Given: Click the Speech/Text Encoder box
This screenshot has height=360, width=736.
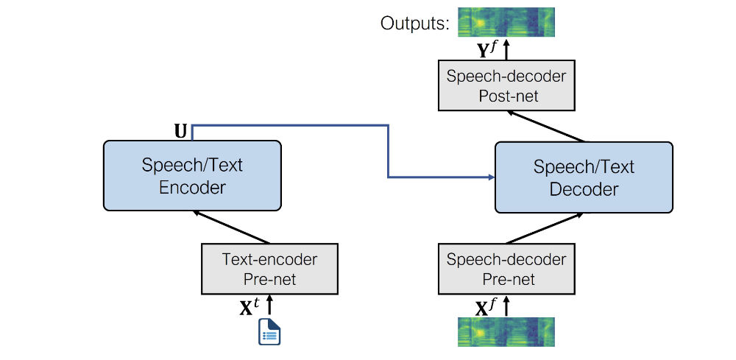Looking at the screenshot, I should point(192,175).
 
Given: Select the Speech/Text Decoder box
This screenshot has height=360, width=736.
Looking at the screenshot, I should point(584,177).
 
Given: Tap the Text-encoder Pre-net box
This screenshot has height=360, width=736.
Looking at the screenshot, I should point(269,269).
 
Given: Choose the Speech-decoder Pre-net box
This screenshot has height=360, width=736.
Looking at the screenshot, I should point(506,269).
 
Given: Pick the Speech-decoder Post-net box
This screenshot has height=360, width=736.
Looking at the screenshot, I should point(506,86).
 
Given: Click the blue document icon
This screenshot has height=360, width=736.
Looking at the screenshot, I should point(269,331).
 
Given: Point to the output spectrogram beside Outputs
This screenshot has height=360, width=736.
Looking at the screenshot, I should point(506,22).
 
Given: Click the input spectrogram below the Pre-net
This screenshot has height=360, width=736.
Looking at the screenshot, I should point(506,332).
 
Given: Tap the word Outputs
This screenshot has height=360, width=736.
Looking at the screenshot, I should point(414,23).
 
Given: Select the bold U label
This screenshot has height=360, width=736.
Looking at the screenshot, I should point(180,131).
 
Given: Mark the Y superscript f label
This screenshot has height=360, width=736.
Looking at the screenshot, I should point(486,50).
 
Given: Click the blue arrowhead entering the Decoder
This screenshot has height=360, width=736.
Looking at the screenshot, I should point(489,177).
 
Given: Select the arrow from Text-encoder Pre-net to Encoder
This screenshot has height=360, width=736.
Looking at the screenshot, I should point(231,227).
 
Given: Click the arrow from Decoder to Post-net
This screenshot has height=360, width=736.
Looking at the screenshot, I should point(548,126).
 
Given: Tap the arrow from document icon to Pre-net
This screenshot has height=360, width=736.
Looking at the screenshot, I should point(269,306).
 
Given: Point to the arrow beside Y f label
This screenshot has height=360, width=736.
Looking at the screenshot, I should point(506,50).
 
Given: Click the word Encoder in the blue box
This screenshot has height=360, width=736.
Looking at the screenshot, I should point(192,187).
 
